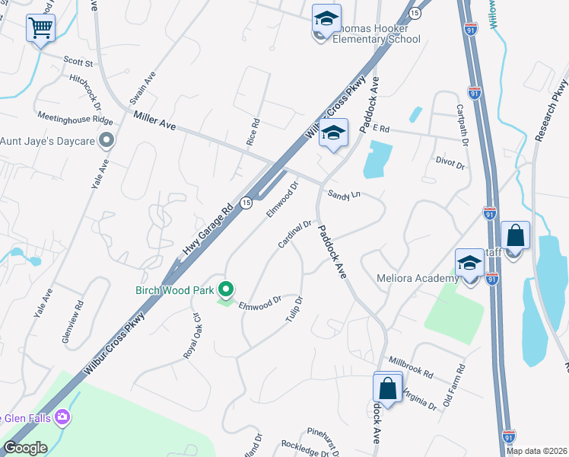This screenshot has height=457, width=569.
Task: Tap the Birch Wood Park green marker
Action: tap(225, 289)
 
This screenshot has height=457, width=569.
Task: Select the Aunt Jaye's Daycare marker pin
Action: tap(106, 141)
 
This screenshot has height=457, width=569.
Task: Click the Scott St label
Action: tap(78, 60)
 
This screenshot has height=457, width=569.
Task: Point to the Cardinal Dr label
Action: tap(295, 235)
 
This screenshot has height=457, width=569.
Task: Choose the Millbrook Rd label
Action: tap(410, 369)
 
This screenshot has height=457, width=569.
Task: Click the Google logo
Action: tap(25, 448)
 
